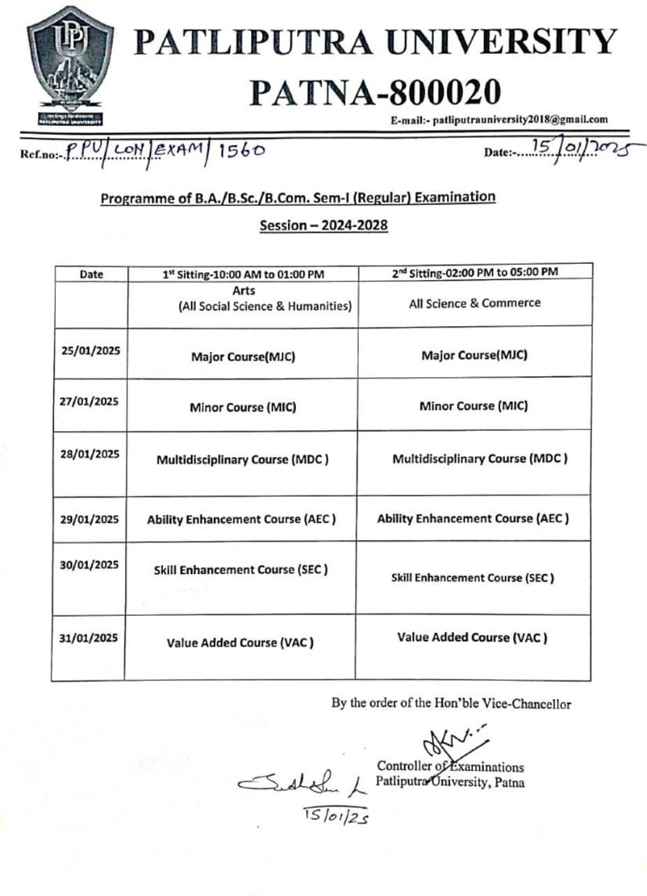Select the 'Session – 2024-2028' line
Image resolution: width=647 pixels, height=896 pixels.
point(323,227)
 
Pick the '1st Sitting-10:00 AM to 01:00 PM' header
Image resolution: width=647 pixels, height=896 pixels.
point(241,274)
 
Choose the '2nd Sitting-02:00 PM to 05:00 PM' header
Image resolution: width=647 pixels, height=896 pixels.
point(474,272)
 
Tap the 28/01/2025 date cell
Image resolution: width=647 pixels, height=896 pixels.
point(90,454)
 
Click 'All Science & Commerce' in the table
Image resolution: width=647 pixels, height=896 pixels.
point(474,303)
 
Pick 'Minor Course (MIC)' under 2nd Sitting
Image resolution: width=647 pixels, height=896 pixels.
point(474,406)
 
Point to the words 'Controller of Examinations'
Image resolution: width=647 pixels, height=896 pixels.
point(450,766)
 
